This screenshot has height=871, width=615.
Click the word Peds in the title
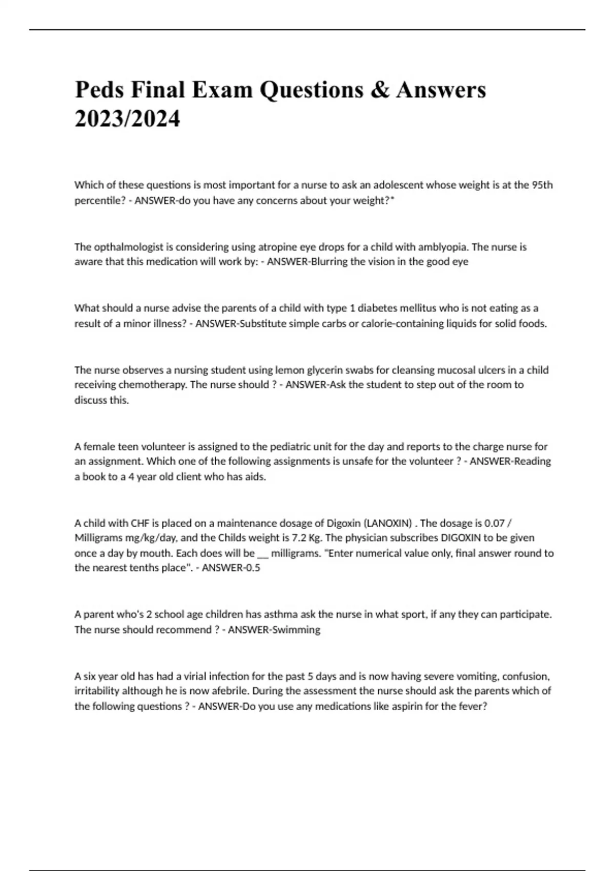[100, 90]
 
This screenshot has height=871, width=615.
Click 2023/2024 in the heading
[127, 119]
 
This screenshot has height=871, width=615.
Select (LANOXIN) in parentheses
[387, 523]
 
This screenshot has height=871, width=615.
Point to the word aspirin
[406, 707]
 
